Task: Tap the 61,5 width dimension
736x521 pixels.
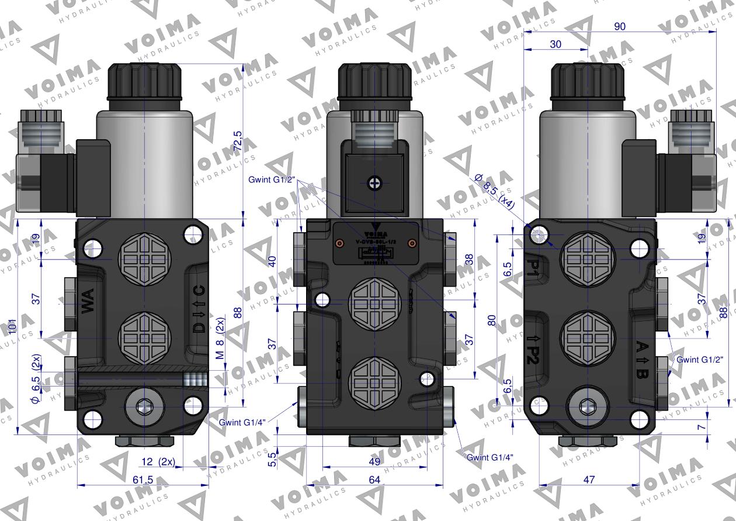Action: point(142,479)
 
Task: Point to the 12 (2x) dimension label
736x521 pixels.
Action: point(158,461)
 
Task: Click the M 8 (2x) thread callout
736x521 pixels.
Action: point(220,343)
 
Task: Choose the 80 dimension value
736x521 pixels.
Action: point(492,320)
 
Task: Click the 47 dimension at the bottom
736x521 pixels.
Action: point(589,479)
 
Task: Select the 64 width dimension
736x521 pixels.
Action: point(374,479)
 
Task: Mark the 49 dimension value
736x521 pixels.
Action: point(374,461)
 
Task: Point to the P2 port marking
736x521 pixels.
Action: point(532,349)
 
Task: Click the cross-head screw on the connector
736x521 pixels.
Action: point(374,183)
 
